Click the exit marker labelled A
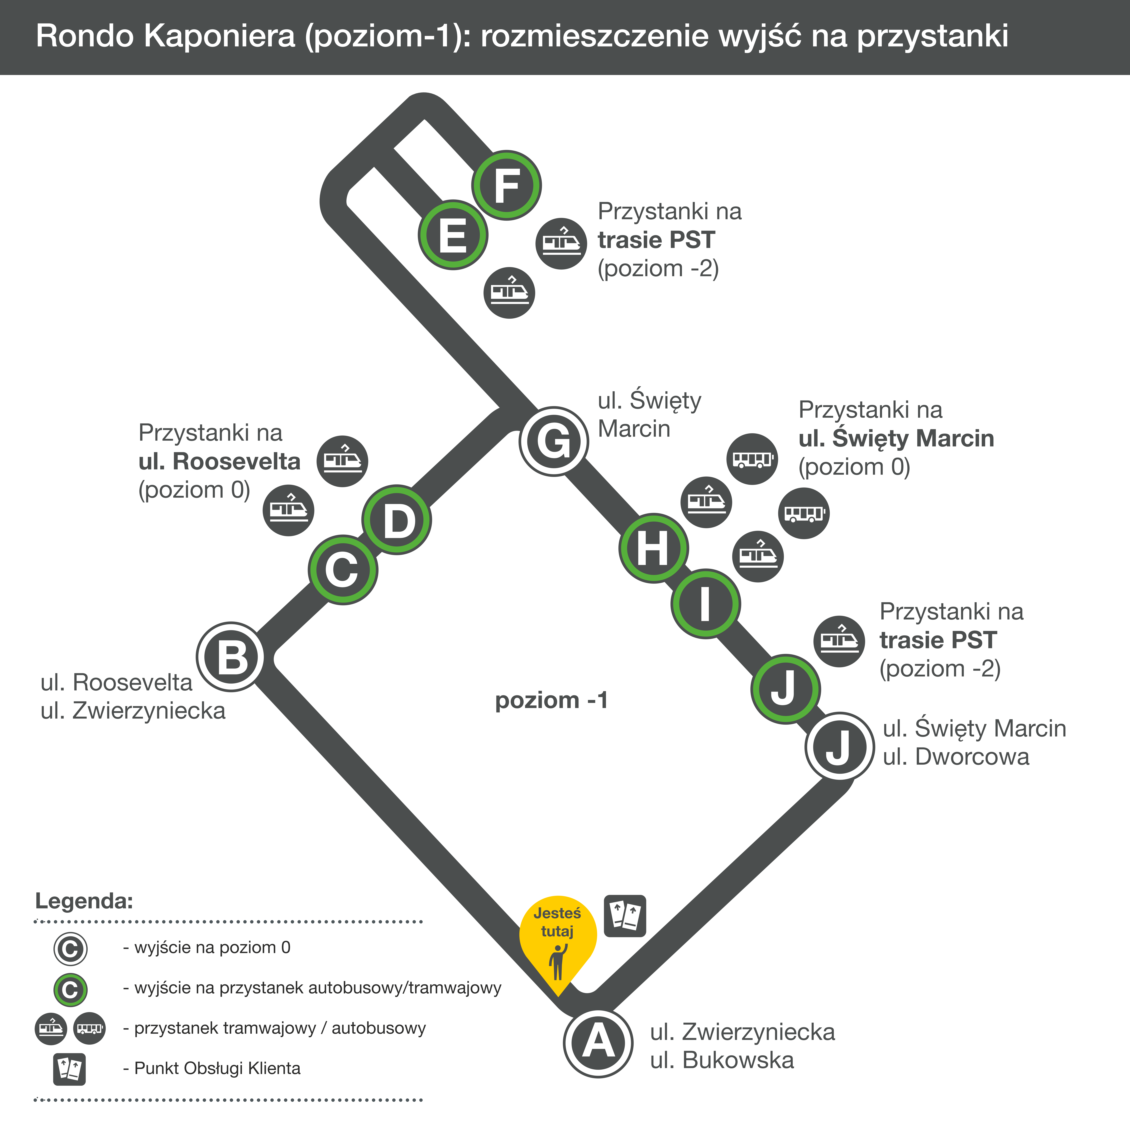click(598, 1042)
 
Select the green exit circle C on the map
click(343, 570)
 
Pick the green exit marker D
click(397, 520)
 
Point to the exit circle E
click(453, 235)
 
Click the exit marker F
click(507, 185)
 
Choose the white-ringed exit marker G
click(553, 441)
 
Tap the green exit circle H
click(653, 548)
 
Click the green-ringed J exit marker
click(785, 688)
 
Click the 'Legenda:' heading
click(84, 901)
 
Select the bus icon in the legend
click(90, 1028)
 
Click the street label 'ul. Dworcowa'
click(956, 757)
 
